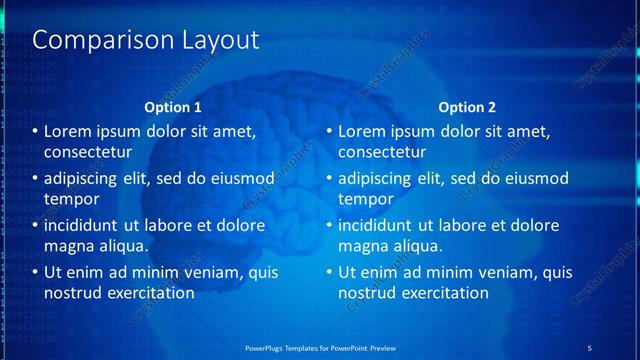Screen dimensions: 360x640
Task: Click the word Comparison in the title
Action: pyautogui.click(x=91, y=40)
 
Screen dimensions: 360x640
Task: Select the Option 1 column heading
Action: pyautogui.click(x=173, y=107)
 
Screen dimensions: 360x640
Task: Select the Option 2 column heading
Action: pyautogui.click(x=466, y=107)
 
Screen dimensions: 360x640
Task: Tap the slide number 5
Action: pyautogui.click(x=590, y=347)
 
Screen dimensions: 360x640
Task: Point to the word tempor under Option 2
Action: pyautogui.click(x=365, y=199)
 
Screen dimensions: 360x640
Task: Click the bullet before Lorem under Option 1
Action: pyautogui.click(x=36, y=132)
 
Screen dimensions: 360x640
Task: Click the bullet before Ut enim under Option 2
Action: pyautogui.click(x=329, y=272)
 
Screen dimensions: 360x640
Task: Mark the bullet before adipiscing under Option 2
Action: pyautogui.click(x=329, y=179)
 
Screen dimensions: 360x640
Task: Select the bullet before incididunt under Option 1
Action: pyautogui.click(x=36, y=225)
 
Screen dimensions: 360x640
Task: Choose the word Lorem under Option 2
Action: pyautogui.click(x=362, y=132)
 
